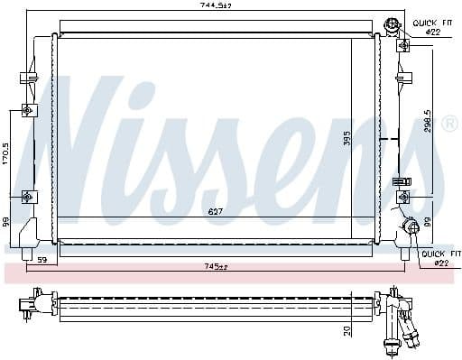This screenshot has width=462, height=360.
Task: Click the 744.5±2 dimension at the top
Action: [x=217, y=6]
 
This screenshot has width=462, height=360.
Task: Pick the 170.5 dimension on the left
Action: [x=5, y=152]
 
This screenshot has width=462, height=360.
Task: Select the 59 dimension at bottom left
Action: [x=42, y=262]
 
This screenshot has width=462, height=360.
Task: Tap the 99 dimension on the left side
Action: [x=5, y=220]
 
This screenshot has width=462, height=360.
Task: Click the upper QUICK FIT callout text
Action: [x=430, y=22]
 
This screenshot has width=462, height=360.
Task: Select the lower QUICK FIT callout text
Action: [x=439, y=254]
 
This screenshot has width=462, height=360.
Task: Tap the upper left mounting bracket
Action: [x=27, y=111]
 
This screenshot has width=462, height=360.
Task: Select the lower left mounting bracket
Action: [x=27, y=196]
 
